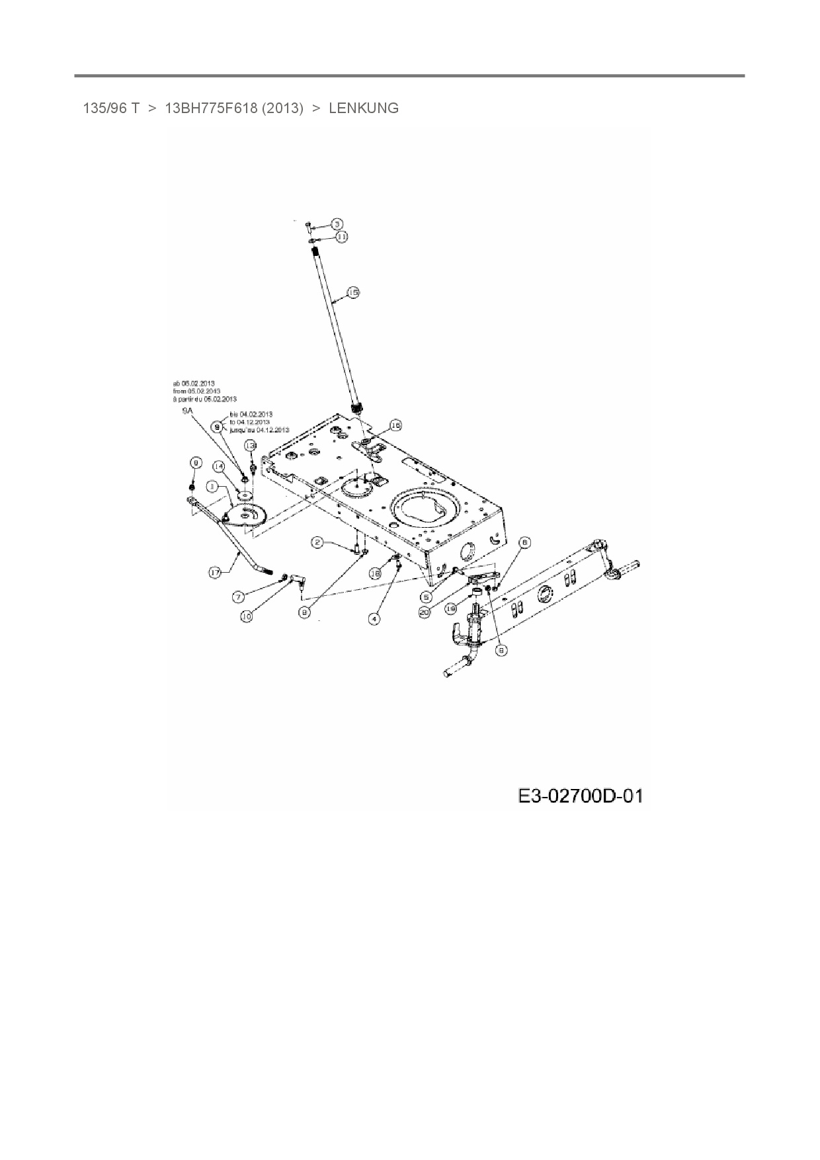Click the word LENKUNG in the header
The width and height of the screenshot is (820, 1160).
pyautogui.click(x=364, y=108)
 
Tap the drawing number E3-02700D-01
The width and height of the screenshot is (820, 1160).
pyautogui.click(x=580, y=796)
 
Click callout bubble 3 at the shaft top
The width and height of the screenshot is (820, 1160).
pyautogui.click(x=337, y=224)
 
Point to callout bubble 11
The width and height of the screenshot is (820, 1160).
pyautogui.click(x=341, y=236)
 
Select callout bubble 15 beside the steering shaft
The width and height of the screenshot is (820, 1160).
pyautogui.click(x=353, y=292)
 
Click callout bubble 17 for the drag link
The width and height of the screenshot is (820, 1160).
pyautogui.click(x=215, y=573)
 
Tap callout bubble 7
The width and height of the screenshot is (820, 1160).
pyautogui.click(x=239, y=597)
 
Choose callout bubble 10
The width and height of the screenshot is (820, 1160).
pyautogui.click(x=246, y=616)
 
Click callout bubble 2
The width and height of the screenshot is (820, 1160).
pyautogui.click(x=318, y=543)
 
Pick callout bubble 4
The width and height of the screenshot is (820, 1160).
pyautogui.click(x=375, y=619)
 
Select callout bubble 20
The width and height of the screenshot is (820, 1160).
pyautogui.click(x=424, y=613)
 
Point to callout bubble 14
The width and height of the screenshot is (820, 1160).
pyautogui.click(x=220, y=467)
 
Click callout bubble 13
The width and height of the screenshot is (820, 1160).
pyautogui.click(x=250, y=446)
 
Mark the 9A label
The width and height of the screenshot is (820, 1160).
pyautogui.click(x=187, y=411)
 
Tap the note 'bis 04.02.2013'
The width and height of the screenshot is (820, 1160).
pyautogui.click(x=251, y=414)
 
